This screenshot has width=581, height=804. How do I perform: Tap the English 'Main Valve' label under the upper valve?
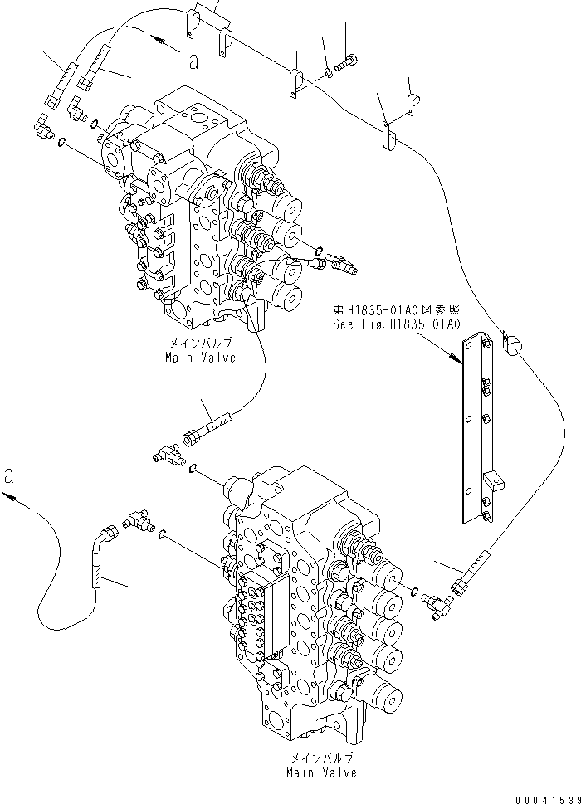(200, 358)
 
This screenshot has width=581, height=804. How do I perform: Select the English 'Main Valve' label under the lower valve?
(321, 772)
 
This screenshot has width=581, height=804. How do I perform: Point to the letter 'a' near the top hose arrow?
(193, 60)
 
